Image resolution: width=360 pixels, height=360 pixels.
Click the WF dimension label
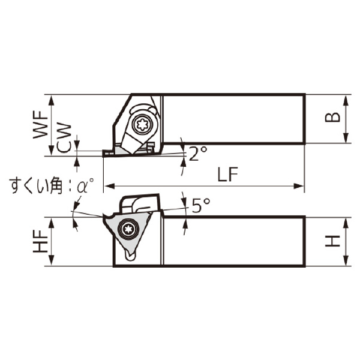pyautogui.click(x=40, y=124)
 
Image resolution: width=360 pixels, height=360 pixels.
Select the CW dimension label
pyautogui.click(x=64, y=138)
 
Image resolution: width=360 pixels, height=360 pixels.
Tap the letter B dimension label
pyautogui.click(x=332, y=118)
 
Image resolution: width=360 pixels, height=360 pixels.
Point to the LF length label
pyautogui.click(x=228, y=174)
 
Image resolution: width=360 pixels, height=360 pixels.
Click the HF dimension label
pyautogui.click(x=40, y=241)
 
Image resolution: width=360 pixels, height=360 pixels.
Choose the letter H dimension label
pyautogui.click(x=332, y=241)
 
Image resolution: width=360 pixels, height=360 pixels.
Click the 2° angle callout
pyautogui.click(x=198, y=154)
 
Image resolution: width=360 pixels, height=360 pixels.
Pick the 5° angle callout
pyautogui.click(x=201, y=205)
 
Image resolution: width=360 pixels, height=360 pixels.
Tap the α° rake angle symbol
pyautogui.click(x=85, y=185)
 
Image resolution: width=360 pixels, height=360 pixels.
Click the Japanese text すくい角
pyautogui.click(x=37, y=186)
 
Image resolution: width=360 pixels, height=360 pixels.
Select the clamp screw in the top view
pyautogui.click(x=143, y=124)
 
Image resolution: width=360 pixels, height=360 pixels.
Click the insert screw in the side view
pyautogui.click(x=128, y=229)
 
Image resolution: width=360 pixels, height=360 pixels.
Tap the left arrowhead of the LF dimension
pyautogui.click(x=109, y=186)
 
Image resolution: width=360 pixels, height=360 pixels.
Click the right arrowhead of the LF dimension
pyautogui.click(x=299, y=186)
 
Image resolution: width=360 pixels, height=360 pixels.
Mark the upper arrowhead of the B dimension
pyautogui.click(x=346, y=101)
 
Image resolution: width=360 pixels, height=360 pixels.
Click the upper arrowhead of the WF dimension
pyautogui.click(x=52, y=101)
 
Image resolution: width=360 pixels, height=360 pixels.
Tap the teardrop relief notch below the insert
pyautogui.click(x=131, y=255)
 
